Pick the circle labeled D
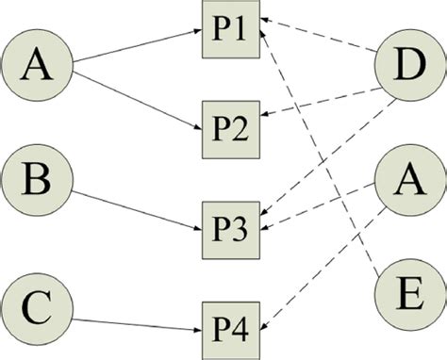408,69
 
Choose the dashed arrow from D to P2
321,99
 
